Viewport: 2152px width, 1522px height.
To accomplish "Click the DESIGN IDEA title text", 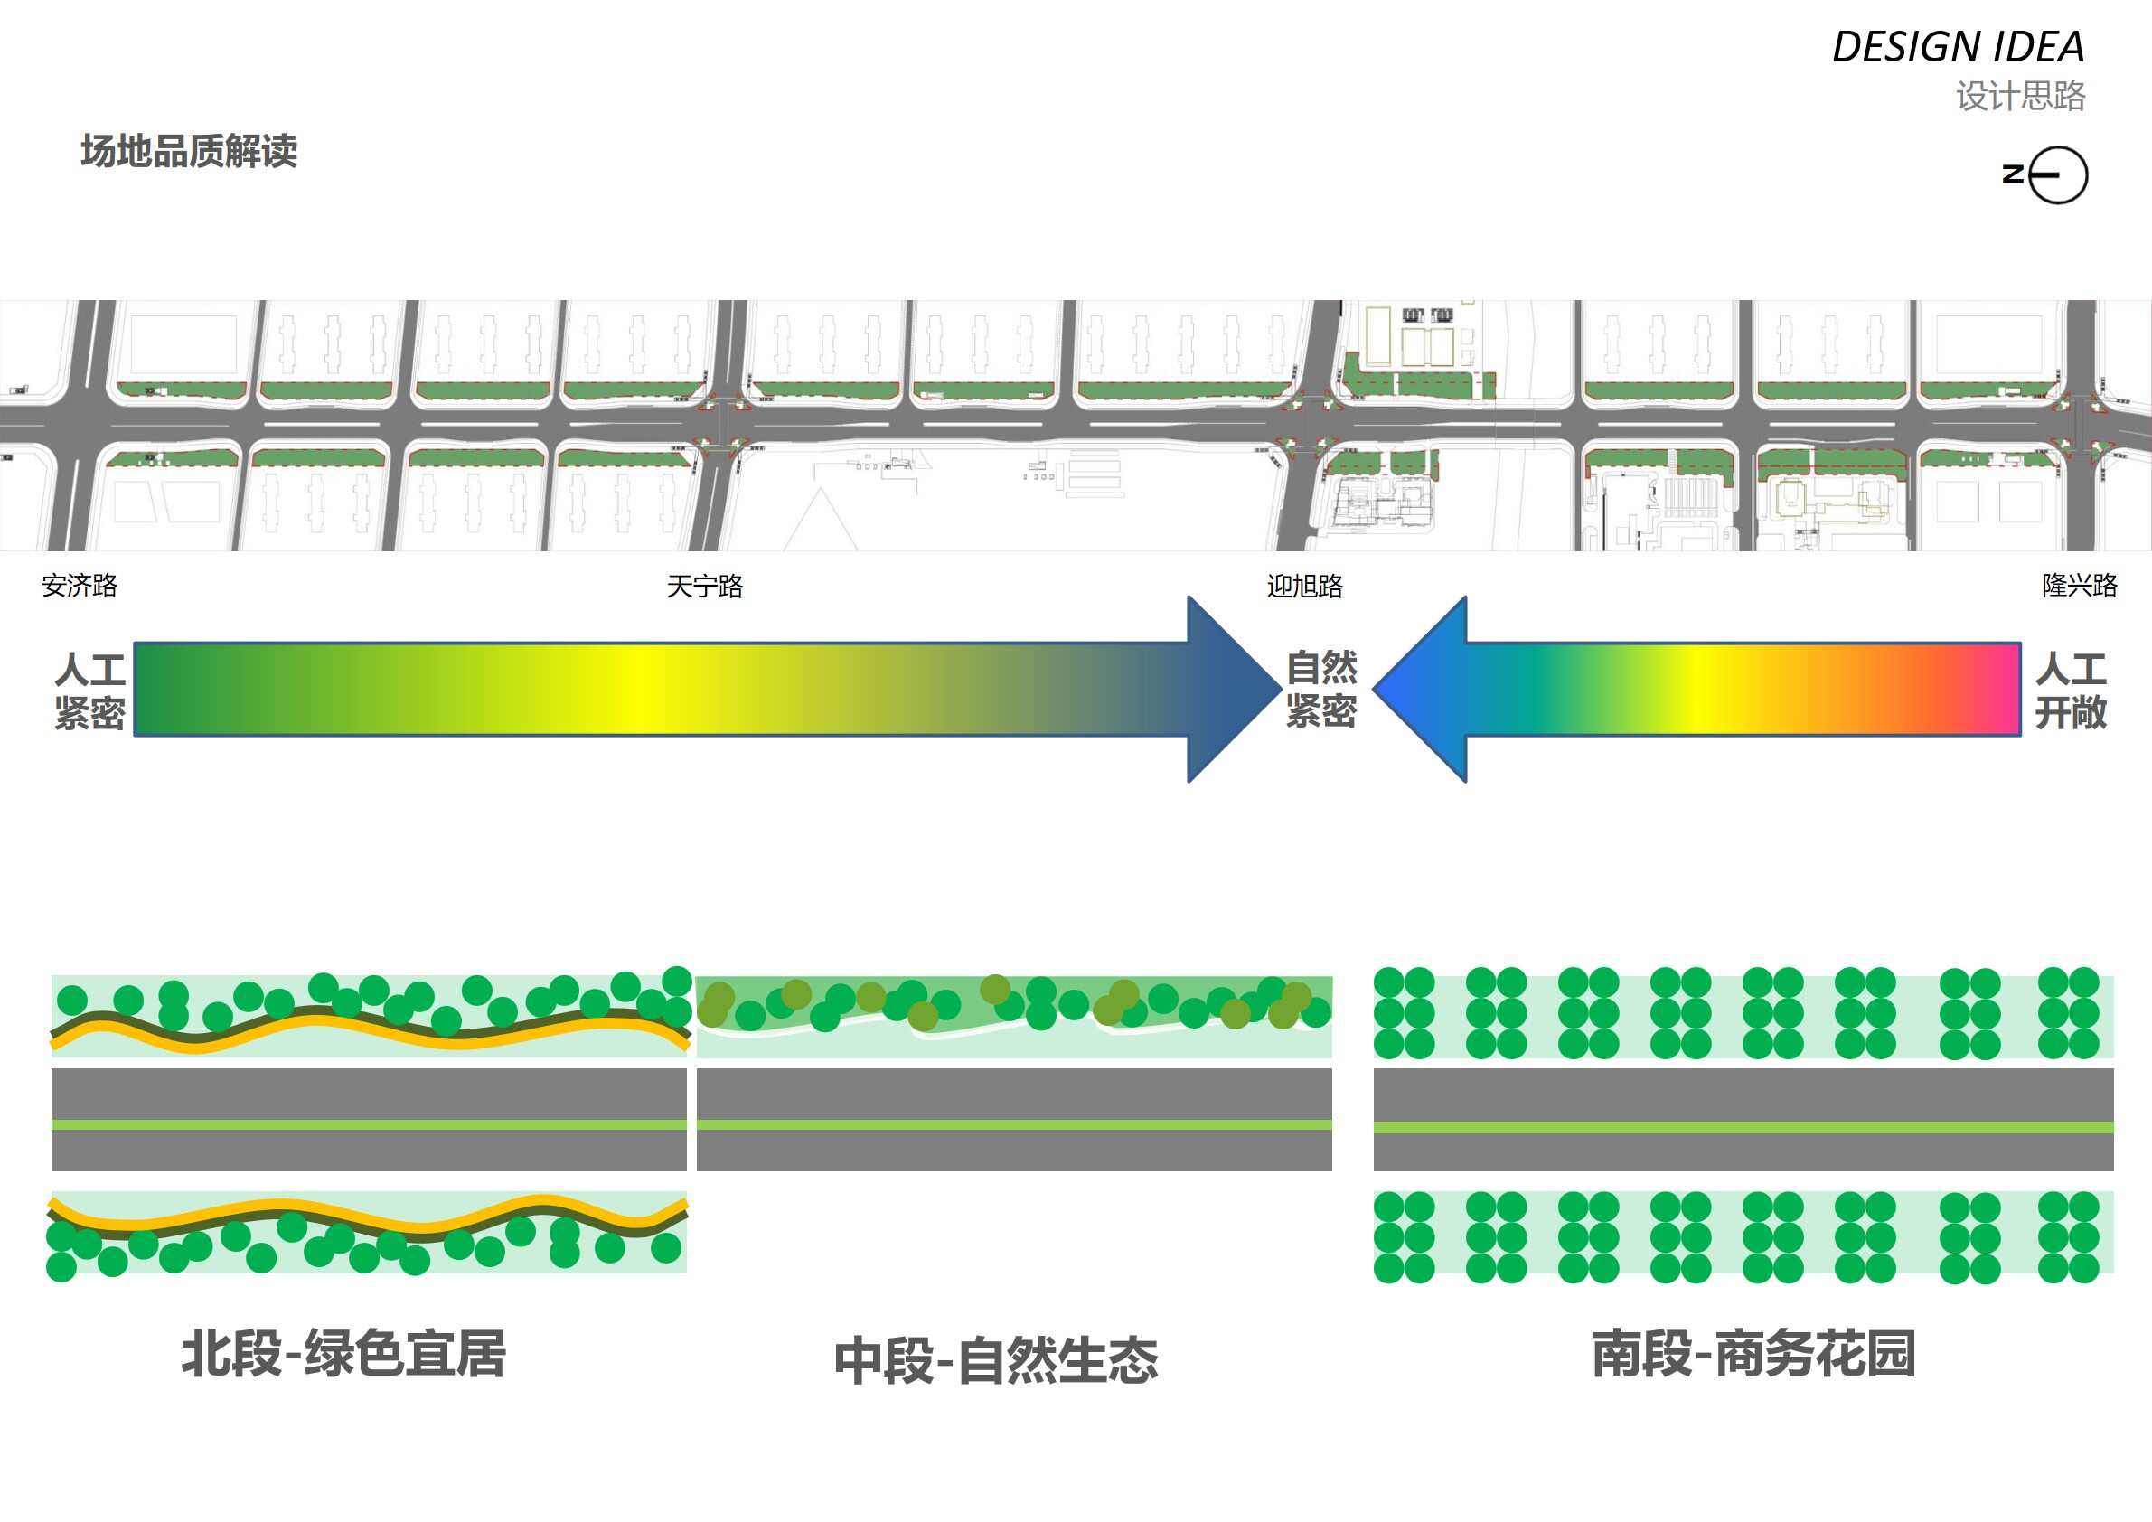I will [1958, 47].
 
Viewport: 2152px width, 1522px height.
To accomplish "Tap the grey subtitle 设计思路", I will [2020, 96].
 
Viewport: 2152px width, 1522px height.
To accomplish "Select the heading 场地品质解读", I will [189, 151].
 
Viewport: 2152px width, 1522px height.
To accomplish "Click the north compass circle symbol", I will [2058, 175].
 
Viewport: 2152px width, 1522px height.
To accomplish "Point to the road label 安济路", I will [80, 586].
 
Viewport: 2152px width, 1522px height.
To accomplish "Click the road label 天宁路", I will [705, 587].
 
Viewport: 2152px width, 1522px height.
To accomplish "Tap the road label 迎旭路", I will [1305, 587].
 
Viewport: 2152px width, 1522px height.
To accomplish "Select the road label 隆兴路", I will [2079, 586].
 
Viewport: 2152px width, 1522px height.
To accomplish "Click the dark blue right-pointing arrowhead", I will [1227, 689].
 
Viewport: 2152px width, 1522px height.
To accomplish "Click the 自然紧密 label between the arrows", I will [1321, 690].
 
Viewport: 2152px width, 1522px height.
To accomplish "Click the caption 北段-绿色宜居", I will [343, 1354].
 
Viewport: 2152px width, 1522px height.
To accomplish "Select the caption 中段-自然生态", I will [996, 1361].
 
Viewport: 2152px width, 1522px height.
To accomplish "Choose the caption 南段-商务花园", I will [1753, 1354].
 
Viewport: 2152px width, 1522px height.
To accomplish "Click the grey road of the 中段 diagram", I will [1014, 1095].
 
